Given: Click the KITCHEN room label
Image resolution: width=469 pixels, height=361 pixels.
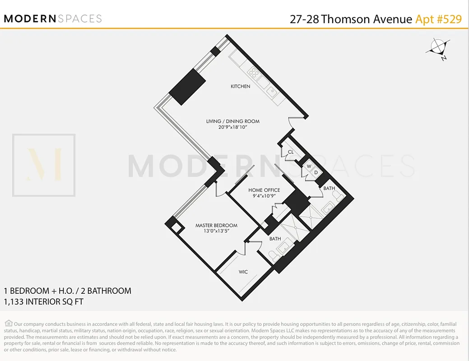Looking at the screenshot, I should coord(240,86).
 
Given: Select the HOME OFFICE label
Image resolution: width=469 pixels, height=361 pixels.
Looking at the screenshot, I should coord(264,190).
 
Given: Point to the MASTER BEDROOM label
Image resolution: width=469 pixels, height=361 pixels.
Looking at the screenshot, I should coord(216,225).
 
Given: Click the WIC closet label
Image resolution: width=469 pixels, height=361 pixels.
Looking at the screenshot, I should coord(243,272).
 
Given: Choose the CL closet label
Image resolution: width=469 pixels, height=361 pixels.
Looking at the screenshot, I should coord(291,152).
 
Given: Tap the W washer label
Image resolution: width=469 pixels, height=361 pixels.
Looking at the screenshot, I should coord(309,166).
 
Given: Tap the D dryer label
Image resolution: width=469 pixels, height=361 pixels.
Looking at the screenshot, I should coord(316,172).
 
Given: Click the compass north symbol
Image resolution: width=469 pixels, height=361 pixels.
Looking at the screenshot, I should coord(438,47).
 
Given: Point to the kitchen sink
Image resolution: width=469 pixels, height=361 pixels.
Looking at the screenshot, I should coord(273,92).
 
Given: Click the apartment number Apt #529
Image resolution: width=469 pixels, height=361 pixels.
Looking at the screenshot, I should coord(438,19).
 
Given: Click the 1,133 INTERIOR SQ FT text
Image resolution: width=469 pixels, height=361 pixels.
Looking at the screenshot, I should coord(43,301).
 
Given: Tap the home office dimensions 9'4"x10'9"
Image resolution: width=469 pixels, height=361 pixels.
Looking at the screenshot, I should coord(264,196).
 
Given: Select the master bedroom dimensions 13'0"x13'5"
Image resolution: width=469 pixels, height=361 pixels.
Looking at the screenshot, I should coord(216,231).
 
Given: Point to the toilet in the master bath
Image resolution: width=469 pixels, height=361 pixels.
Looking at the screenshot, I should coord(275,256).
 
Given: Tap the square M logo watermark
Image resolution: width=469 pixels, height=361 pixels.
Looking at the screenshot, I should coord(44,165).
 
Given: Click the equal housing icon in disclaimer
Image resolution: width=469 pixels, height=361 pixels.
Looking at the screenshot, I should coord(9,323).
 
